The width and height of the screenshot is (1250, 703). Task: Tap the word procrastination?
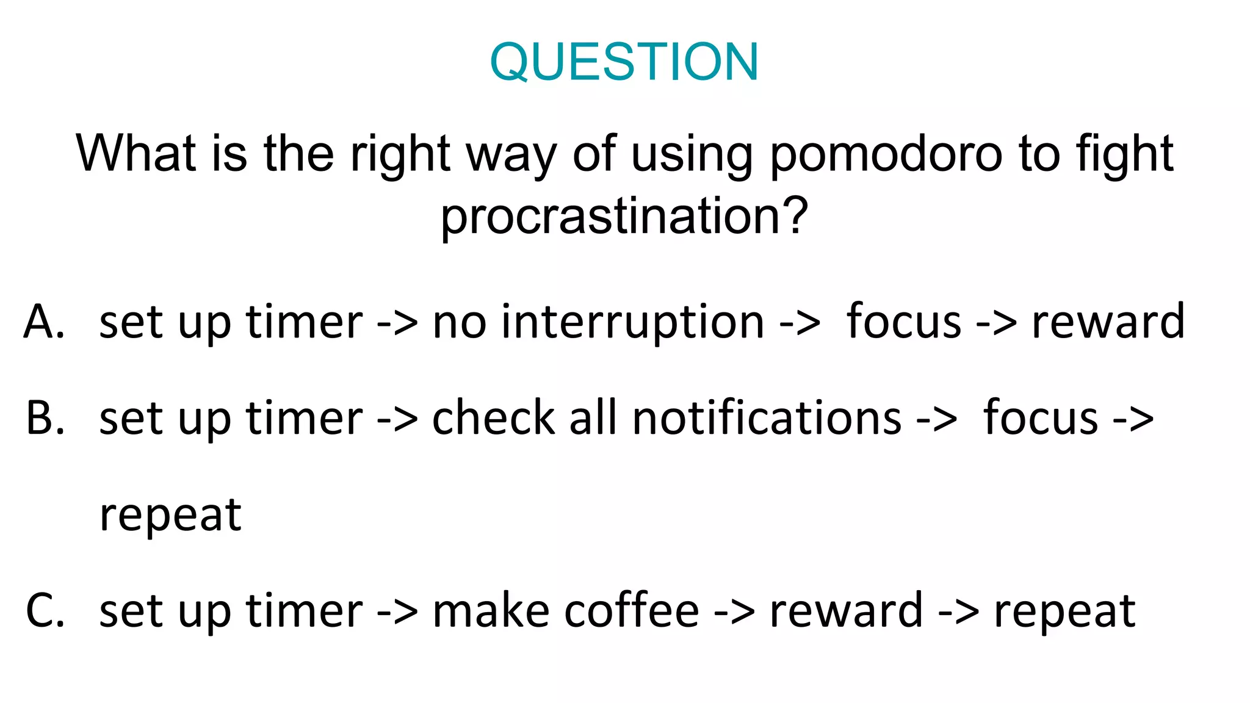coord(624,217)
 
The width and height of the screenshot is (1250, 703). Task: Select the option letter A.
coord(44,322)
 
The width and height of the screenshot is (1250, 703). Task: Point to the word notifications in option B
coord(767,419)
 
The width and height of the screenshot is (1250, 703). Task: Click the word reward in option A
coord(1108,322)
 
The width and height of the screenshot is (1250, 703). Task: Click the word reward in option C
coord(846,611)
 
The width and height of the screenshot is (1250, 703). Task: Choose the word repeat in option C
coord(1064,611)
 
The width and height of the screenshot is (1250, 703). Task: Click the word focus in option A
coord(903,322)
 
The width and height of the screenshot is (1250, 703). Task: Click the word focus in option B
coord(1040,419)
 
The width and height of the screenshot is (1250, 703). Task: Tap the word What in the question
coord(135,154)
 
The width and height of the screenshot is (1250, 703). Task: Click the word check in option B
coord(493,419)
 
